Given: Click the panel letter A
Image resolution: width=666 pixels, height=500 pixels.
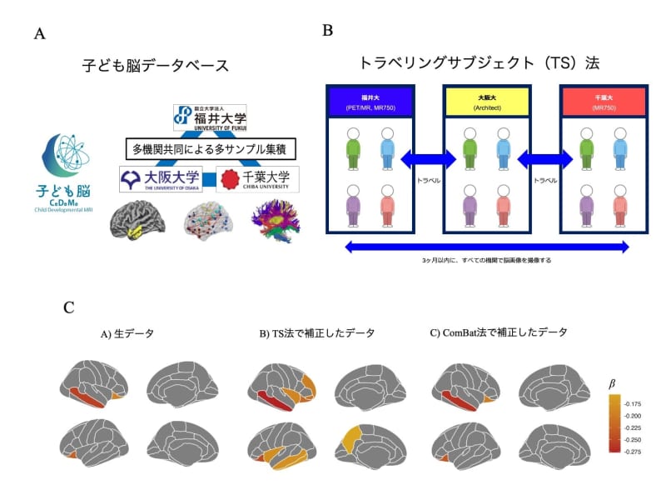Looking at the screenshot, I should [x=40, y=34].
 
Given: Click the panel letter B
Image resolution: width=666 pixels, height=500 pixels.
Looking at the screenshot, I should [x=328, y=30].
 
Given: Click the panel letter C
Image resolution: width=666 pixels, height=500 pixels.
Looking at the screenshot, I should [x=69, y=307].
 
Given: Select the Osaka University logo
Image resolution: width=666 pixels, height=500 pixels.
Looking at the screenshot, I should [x=160, y=179].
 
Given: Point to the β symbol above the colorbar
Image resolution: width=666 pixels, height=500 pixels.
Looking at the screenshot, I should [x=613, y=384].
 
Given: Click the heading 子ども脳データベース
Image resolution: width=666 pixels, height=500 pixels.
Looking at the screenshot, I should [x=155, y=64].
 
